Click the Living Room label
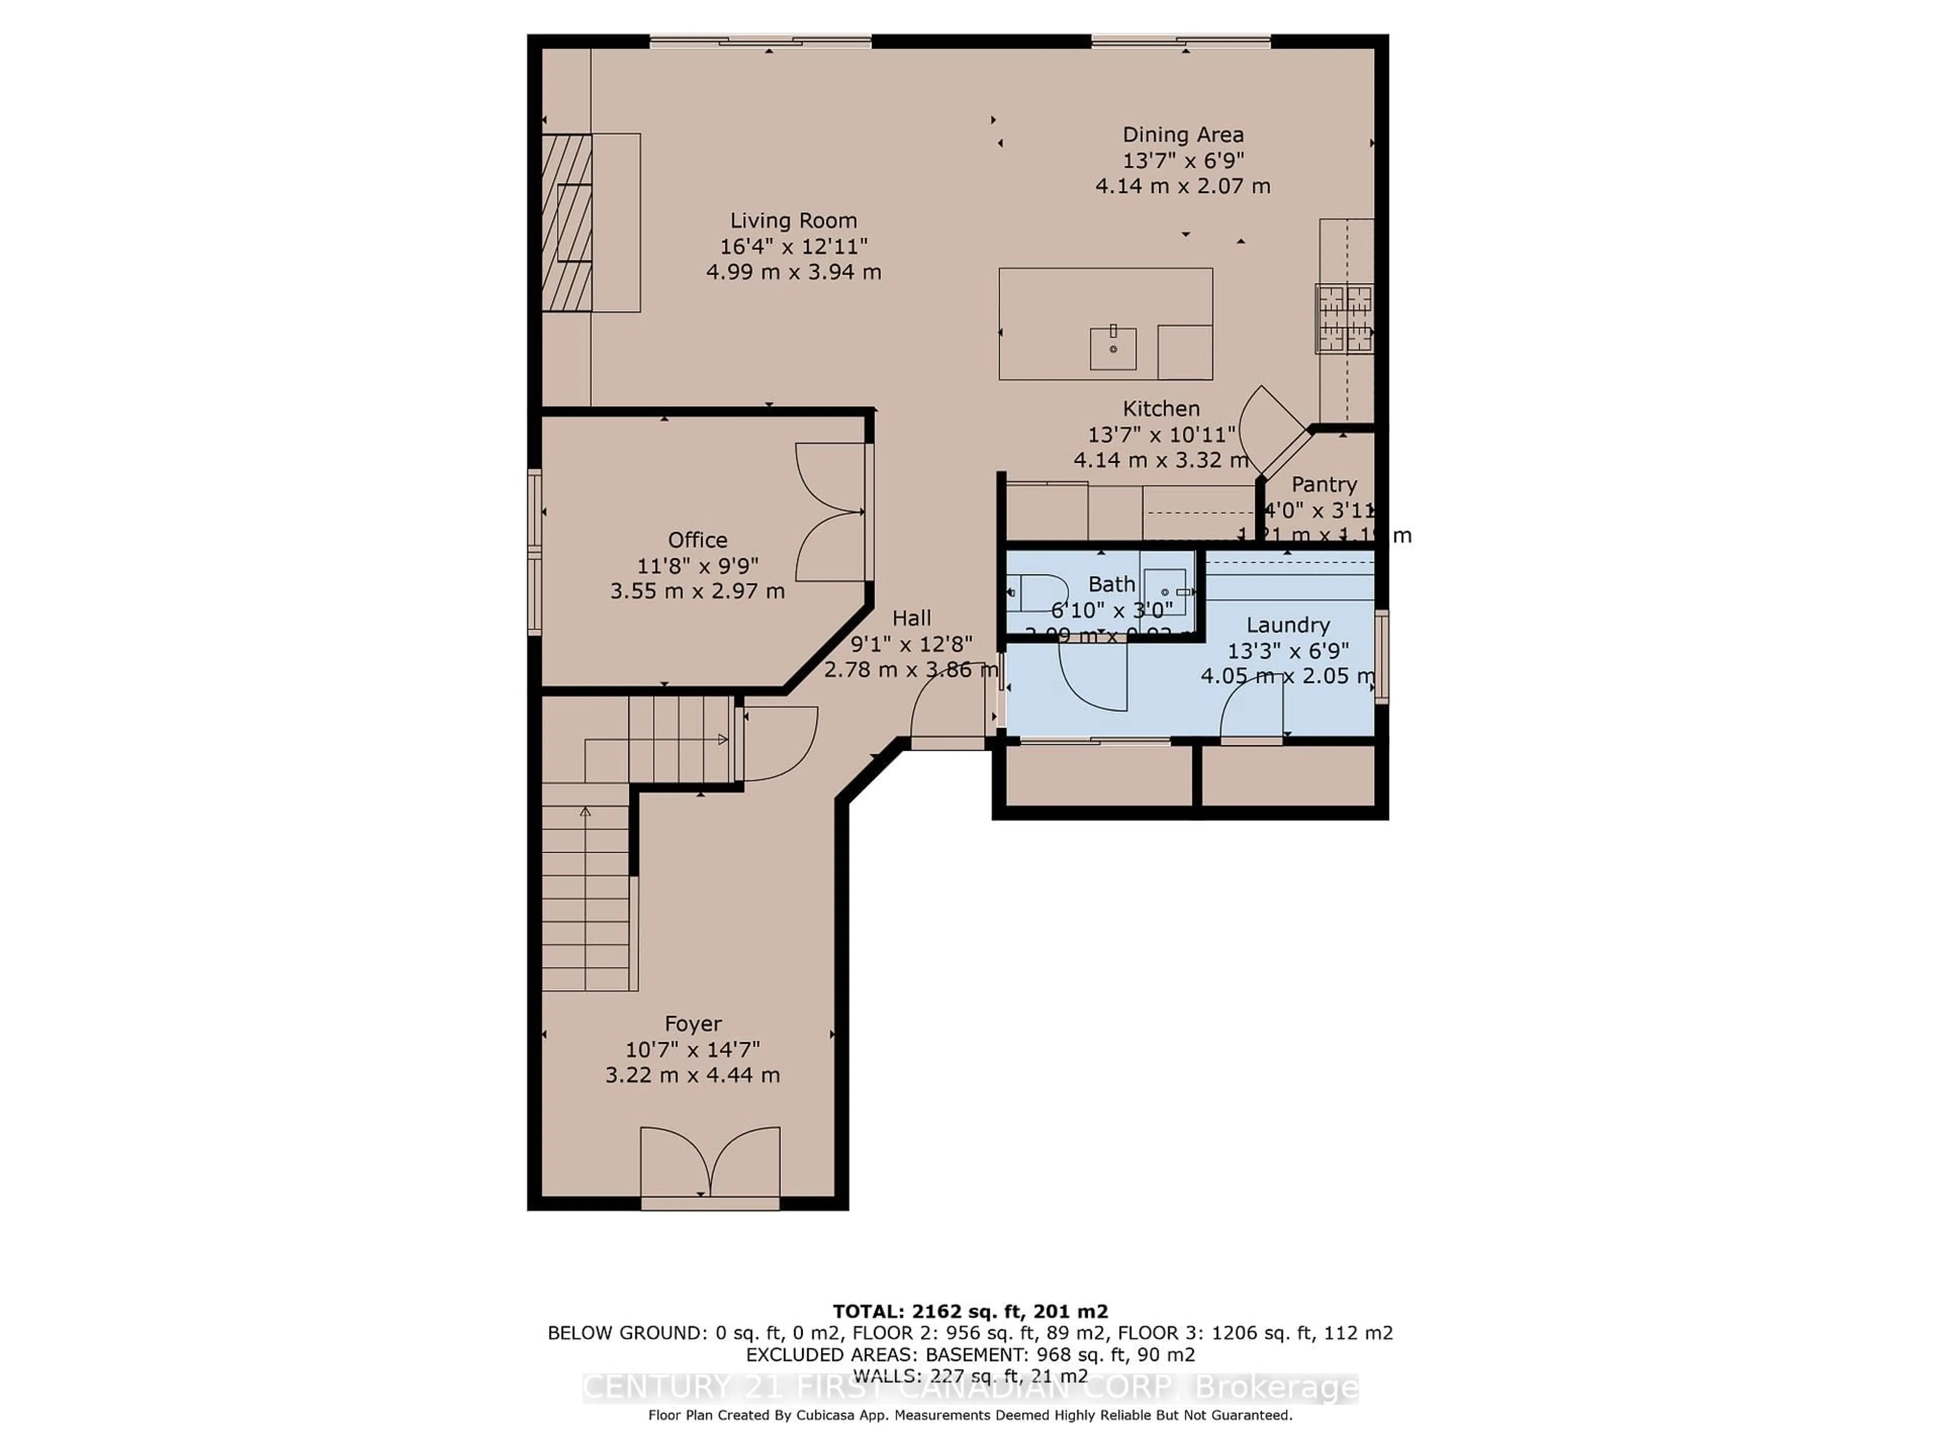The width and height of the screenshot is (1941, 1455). pyautogui.click(x=793, y=221)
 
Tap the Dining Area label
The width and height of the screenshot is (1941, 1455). pyautogui.click(x=1183, y=135)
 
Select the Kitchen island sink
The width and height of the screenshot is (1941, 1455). pyautogui.click(x=1113, y=348)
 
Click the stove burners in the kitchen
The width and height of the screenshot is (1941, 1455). pyautogui.click(x=1344, y=319)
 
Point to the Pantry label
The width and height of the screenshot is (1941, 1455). pyautogui.click(x=1323, y=484)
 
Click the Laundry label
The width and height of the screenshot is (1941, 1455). pyautogui.click(x=1287, y=625)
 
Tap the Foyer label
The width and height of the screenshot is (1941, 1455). pyautogui.click(x=692, y=1024)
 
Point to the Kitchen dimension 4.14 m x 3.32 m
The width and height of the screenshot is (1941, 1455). pyautogui.click(x=1160, y=460)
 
